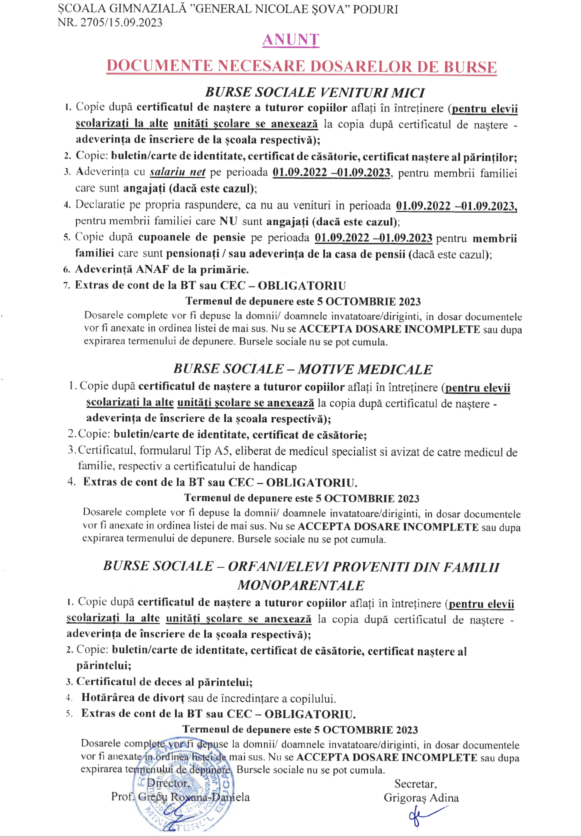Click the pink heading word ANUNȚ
[x=290, y=40]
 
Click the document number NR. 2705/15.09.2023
[x=110, y=22]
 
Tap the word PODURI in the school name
[x=375, y=9]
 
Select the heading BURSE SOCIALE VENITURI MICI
[x=315, y=92]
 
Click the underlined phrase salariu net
[x=177, y=172]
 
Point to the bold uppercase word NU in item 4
[x=228, y=221]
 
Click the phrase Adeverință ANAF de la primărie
[x=162, y=269]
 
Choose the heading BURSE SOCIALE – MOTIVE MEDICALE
[x=302, y=369]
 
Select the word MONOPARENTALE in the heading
[x=301, y=585]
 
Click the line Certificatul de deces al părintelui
[x=164, y=682]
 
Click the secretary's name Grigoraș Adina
[x=421, y=797]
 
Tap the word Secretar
[x=415, y=783]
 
